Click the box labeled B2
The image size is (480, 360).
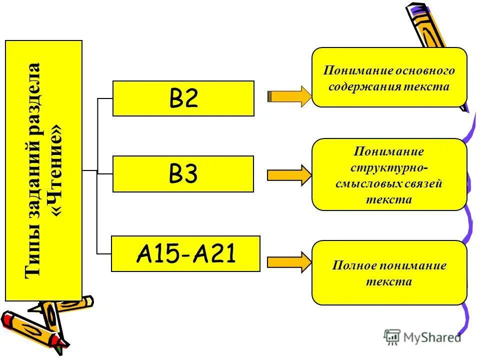coord(183,98)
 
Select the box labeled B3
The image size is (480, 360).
coord(183,173)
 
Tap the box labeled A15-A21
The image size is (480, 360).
coord(185,254)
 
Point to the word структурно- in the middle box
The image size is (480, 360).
coord(389,167)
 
